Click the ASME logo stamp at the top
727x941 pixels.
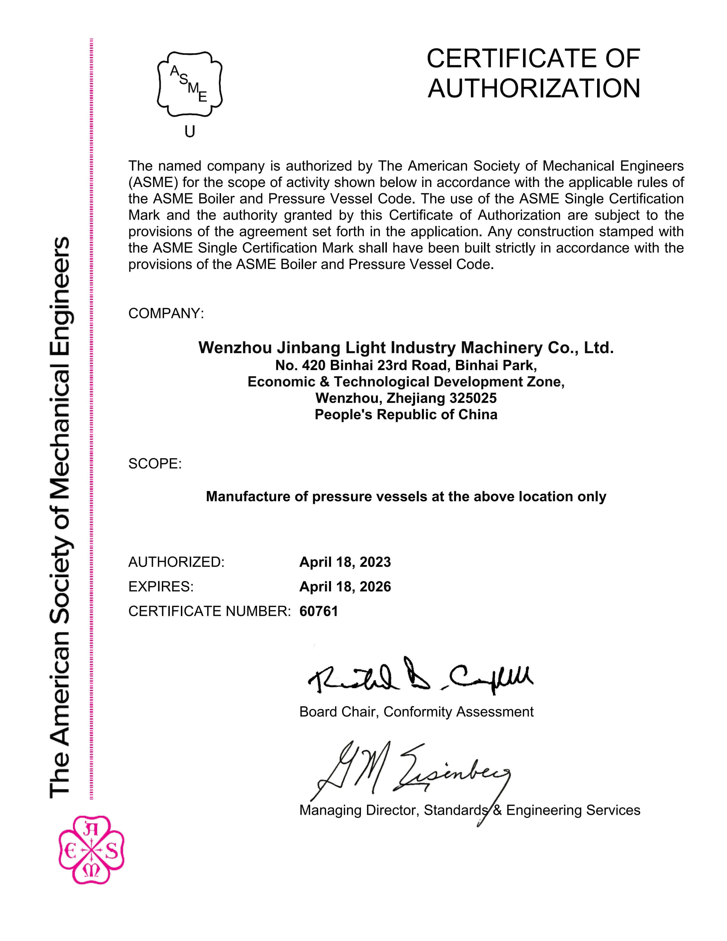[x=189, y=84]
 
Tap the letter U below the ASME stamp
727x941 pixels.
[x=189, y=131]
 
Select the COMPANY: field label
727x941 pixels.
[x=166, y=313]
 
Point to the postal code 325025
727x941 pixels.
[x=473, y=398]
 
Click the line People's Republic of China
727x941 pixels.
[x=406, y=414]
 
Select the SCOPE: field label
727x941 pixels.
[x=155, y=464]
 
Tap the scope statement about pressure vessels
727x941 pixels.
[x=406, y=496]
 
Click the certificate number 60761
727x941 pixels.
[x=319, y=611]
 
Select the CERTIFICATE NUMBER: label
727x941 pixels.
[x=209, y=611]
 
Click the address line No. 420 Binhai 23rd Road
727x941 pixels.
[x=406, y=365]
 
